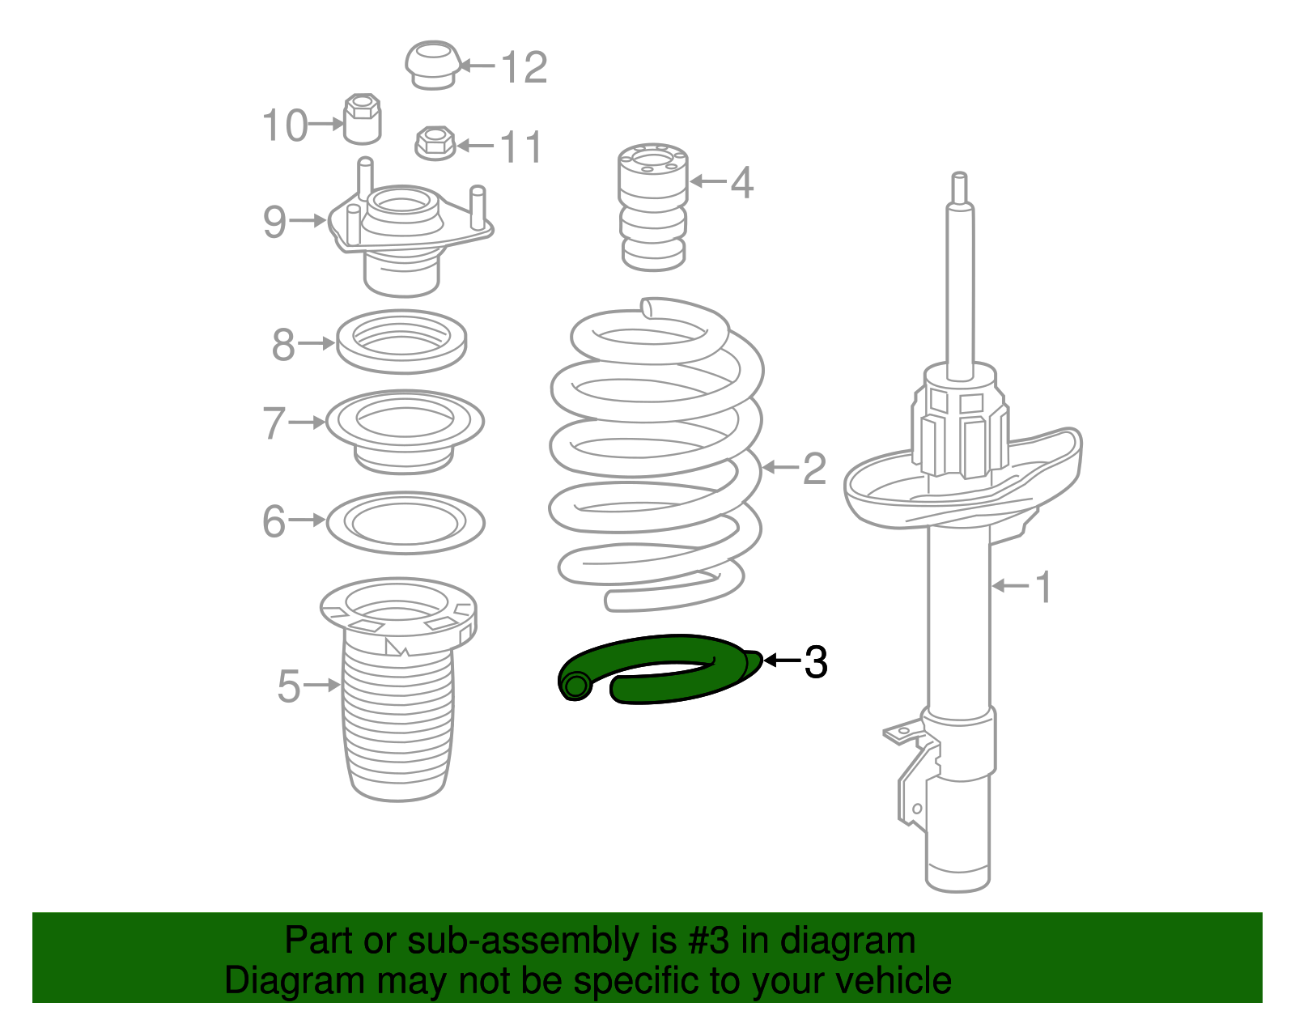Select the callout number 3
click(815, 662)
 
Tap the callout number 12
click(524, 67)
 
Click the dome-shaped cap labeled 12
click(432, 64)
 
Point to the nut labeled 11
click(435, 143)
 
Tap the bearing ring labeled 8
click(401, 342)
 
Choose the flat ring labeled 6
click(405, 522)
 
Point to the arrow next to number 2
click(779, 467)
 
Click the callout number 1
click(1043, 586)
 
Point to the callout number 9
click(274, 222)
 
